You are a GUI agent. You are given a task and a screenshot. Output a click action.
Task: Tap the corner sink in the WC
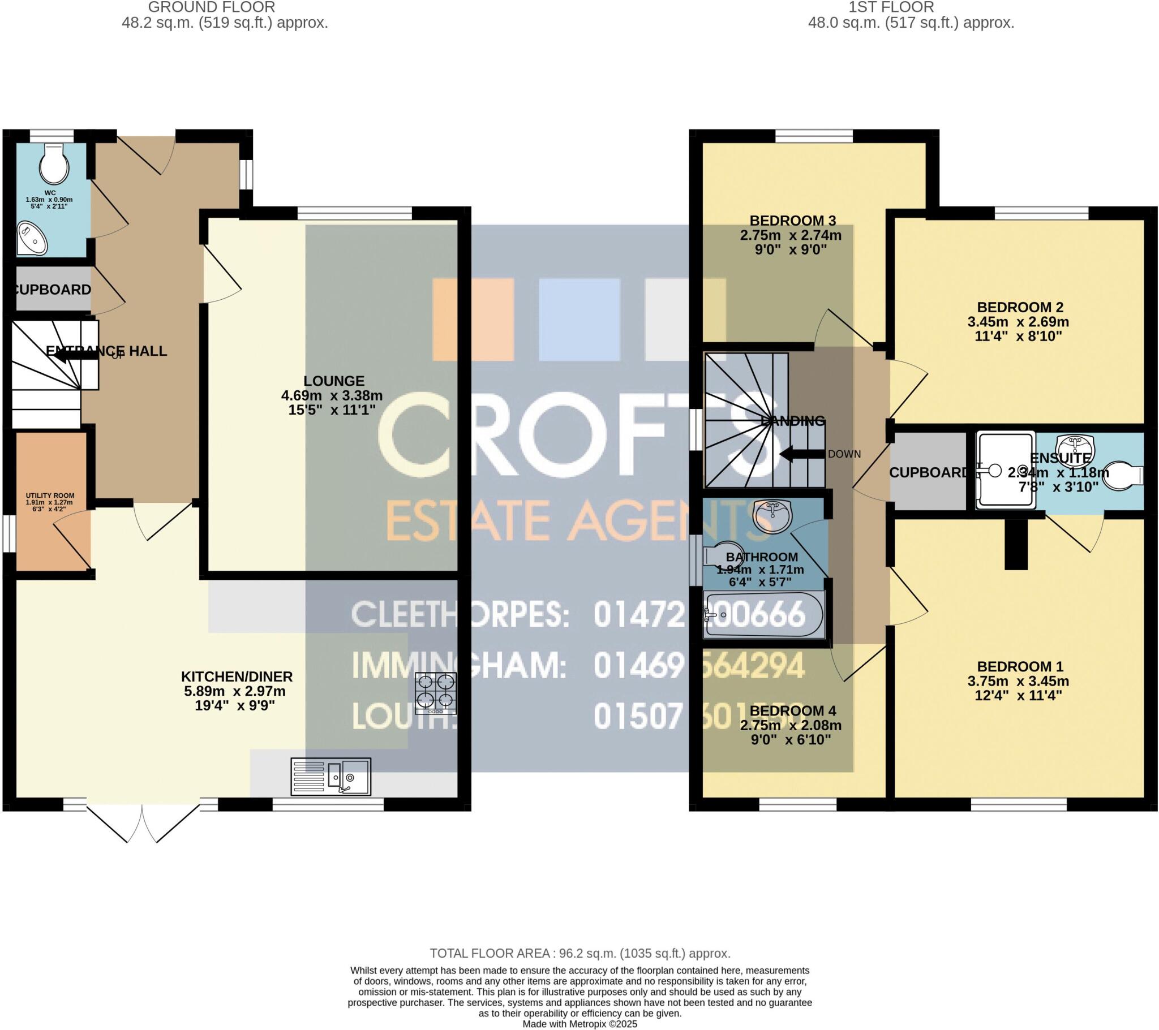coord(31,239)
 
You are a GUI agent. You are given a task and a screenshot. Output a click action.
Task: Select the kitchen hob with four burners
coord(436,693)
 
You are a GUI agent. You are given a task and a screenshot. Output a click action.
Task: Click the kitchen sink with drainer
coord(330,777)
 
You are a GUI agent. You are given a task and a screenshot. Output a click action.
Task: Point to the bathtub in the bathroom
coord(763,615)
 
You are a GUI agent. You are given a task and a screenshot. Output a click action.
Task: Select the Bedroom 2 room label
coord(1020,307)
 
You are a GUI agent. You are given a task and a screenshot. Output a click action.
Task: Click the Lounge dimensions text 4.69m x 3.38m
coord(332,396)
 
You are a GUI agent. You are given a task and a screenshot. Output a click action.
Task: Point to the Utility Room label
coord(50,495)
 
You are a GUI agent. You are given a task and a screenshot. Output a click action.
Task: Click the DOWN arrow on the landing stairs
coord(802,454)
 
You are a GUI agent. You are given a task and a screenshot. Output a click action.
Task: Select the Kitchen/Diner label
coord(237,676)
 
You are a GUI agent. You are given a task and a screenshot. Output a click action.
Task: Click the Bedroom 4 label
coord(792,711)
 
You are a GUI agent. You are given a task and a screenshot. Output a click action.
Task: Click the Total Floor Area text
coord(579,954)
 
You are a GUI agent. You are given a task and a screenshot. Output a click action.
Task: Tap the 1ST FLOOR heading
coord(891,7)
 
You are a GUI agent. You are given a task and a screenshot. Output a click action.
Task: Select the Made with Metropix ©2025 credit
coord(579,1024)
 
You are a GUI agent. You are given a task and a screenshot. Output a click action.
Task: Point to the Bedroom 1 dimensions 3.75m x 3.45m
coord(1018,681)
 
